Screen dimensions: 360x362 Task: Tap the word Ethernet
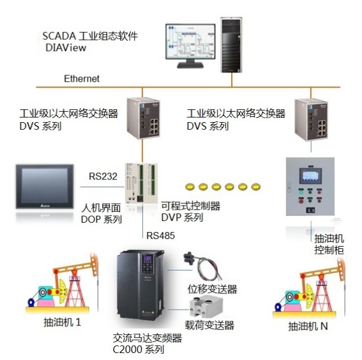click(82, 79)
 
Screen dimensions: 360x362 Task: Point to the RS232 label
click(103, 175)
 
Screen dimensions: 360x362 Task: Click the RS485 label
click(161, 236)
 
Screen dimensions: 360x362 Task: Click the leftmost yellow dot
click(189, 186)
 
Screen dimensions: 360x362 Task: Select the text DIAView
click(66, 48)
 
